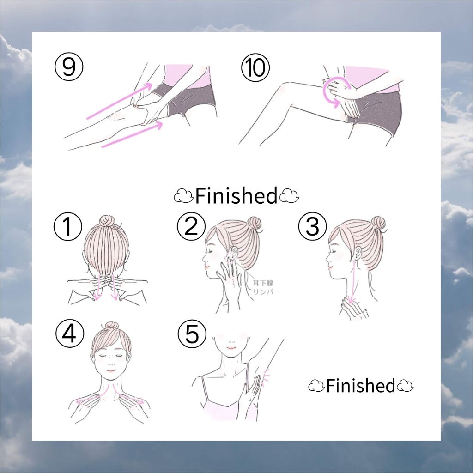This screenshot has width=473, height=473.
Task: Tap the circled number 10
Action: [255, 67]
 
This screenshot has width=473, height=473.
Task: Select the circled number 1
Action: [68, 226]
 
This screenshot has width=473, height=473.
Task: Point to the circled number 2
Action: [191, 226]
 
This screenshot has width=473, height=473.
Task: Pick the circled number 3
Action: [313, 226]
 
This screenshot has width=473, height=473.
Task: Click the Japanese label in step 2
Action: [263, 287]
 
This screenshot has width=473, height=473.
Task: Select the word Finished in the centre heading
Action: [236, 195]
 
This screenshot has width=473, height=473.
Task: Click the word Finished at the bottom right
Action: [360, 386]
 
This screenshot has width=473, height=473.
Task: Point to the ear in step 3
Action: [357, 254]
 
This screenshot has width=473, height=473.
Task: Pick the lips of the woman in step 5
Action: [231, 347]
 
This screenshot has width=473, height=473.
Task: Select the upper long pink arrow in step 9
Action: [119, 100]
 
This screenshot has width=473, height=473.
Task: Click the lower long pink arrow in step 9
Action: [132, 135]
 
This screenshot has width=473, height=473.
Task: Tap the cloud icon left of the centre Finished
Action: [183, 196]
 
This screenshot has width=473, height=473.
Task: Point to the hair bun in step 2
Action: [255, 224]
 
